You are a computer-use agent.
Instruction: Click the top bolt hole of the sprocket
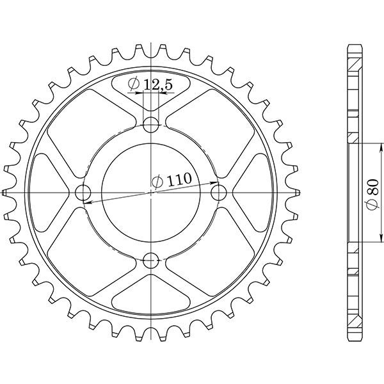point(152,124)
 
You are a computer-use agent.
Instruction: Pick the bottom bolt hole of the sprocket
point(152,260)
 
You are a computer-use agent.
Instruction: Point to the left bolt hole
point(83,192)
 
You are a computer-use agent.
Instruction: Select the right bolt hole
point(220,192)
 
